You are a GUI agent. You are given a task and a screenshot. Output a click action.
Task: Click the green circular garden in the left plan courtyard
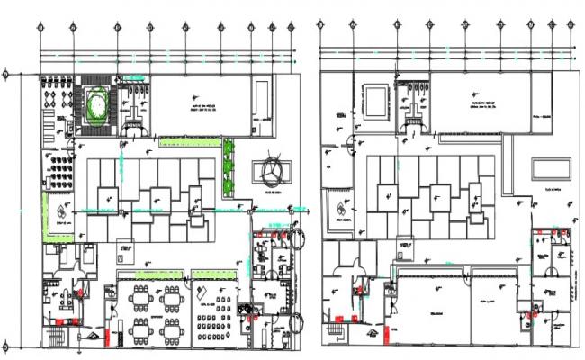point(94,104)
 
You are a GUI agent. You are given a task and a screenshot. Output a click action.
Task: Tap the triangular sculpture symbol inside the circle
point(274,170)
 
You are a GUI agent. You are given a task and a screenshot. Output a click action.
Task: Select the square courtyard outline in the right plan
point(375,97)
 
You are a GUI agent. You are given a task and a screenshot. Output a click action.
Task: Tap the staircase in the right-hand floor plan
point(335,335)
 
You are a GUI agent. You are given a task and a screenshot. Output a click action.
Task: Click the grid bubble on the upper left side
point(6,74)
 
